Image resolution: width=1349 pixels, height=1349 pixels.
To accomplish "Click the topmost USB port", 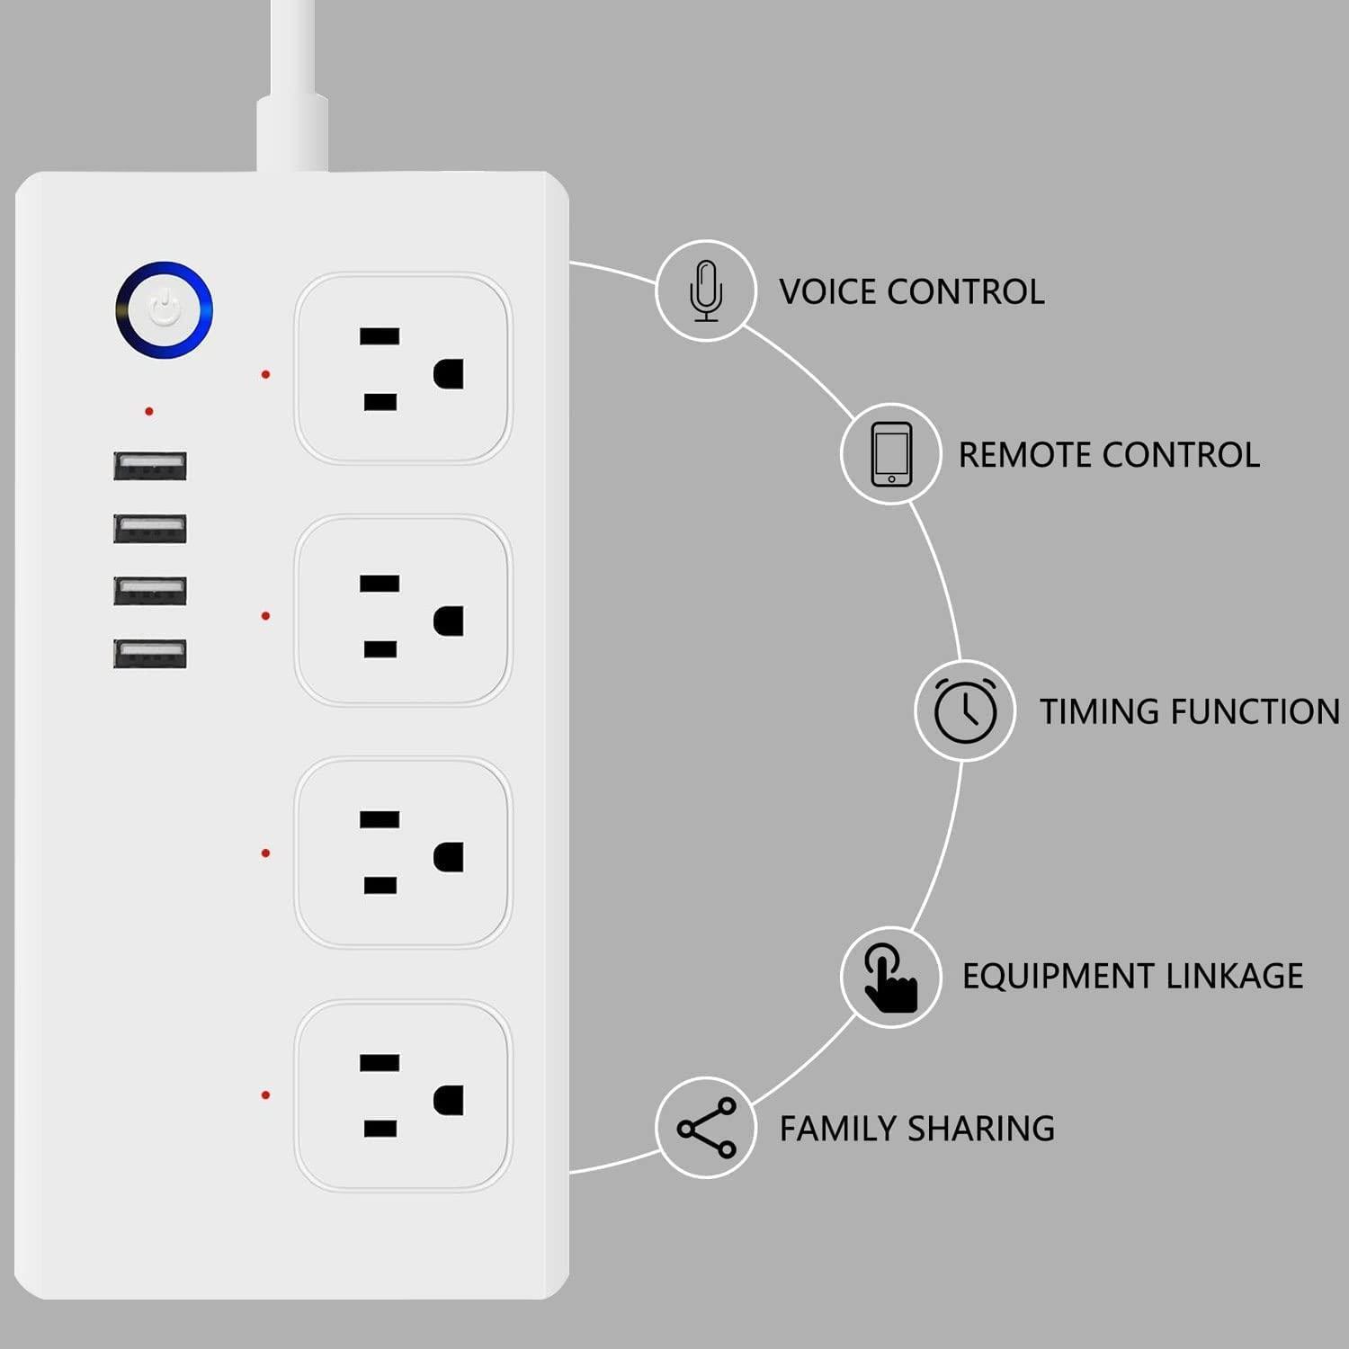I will pos(150,466).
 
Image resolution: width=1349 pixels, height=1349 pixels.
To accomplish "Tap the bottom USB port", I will pos(150,654).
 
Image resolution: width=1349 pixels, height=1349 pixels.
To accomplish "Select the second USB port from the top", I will pos(150,529).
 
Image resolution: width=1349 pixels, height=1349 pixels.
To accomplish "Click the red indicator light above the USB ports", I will pos(149,411).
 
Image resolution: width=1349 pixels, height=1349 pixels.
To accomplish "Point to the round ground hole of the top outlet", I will pos(449,374).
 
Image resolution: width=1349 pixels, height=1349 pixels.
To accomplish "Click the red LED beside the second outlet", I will pos(265,616).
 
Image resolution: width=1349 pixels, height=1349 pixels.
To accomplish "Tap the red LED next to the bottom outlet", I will pos(265,1094).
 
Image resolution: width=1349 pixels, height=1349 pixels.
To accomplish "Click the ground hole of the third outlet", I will pos(449,857).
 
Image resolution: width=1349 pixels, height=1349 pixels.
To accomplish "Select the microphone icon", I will pos(706,290).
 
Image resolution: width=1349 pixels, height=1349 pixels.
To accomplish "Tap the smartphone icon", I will pos(891,454).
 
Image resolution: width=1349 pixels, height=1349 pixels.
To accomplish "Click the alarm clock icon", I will pos(965,710).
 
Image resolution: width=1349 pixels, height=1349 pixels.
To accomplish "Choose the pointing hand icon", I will pos(889,977).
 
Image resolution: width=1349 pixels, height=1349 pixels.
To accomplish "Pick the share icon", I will pos(707,1127).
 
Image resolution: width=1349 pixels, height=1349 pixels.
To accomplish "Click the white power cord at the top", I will pos(293,81).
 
